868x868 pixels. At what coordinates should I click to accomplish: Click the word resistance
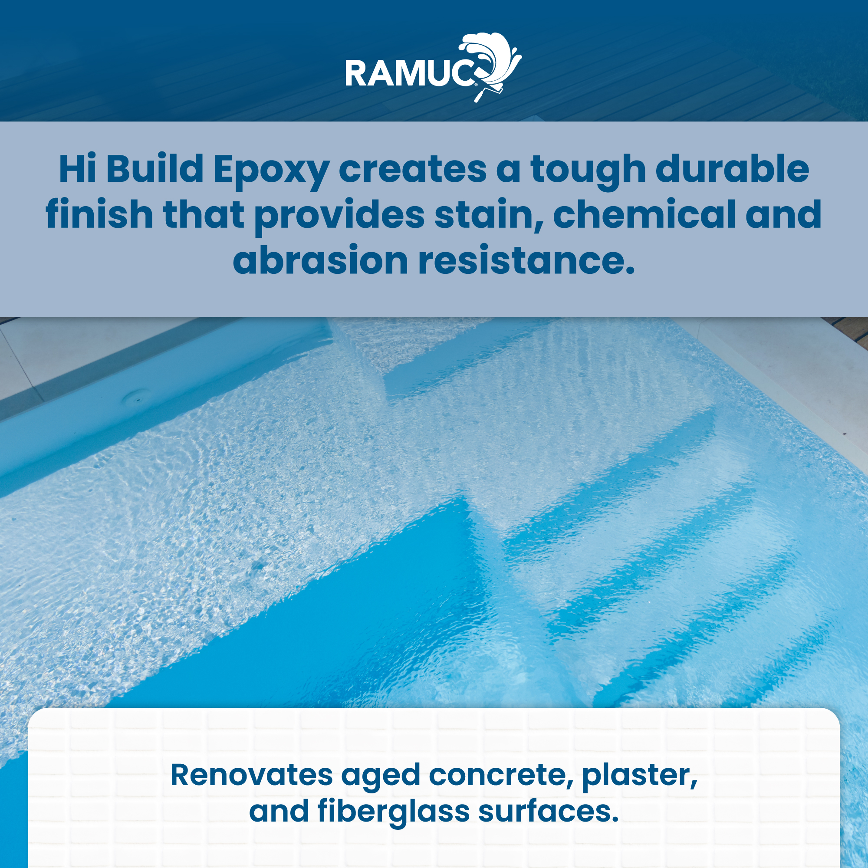(526, 260)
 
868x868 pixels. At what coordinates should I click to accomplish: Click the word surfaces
(548, 812)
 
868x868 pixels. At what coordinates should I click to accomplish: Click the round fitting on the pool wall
(134, 396)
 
